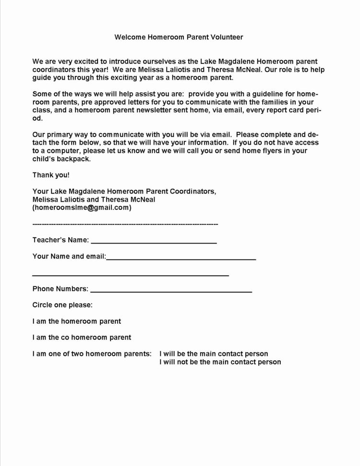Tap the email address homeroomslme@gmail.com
coord(82,208)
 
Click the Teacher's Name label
coord(60,240)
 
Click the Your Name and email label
coord(69,256)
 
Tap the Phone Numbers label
coord(60,289)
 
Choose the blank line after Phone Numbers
coord(171,291)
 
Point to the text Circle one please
coord(62,305)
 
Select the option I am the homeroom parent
coord(77,321)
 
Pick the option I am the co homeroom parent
coord(82,337)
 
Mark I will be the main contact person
coord(214,354)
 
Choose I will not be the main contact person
coord(220,362)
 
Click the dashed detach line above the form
coord(125,224)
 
